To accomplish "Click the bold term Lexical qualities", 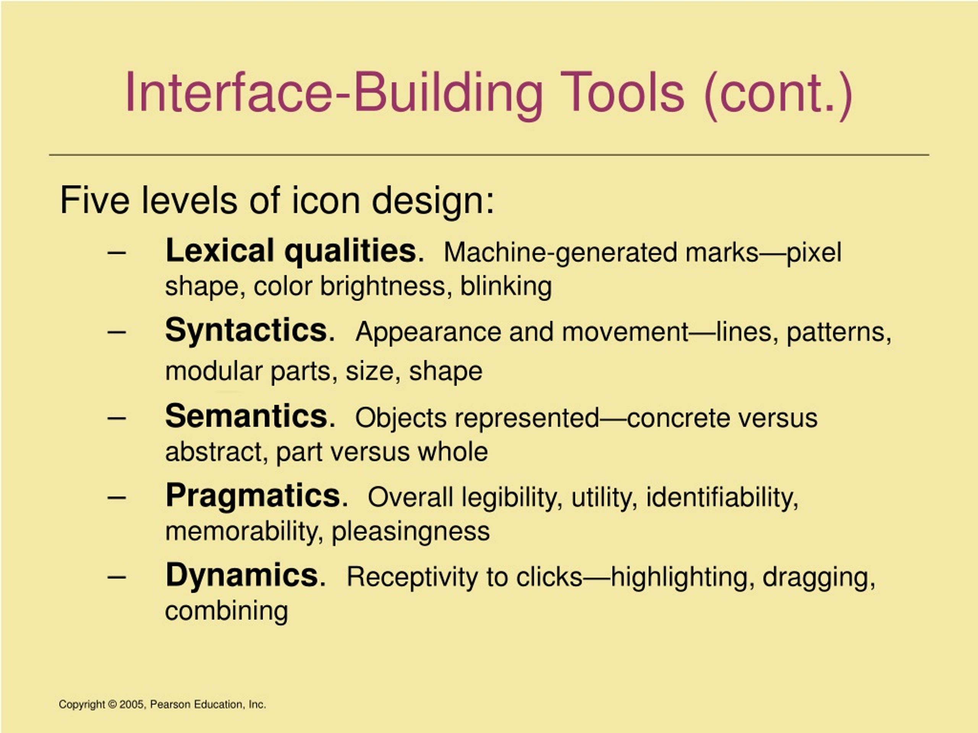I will click(291, 251).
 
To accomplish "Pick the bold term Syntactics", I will click(246, 330).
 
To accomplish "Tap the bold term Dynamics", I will click(242, 575).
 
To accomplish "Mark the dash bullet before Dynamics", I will click(117, 576).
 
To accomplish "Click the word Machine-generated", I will click(560, 253).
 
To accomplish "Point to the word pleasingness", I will click(410, 531).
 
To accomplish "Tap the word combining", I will click(227, 612).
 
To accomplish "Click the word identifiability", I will click(722, 498).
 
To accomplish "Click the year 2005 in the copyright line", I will click(131, 705).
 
